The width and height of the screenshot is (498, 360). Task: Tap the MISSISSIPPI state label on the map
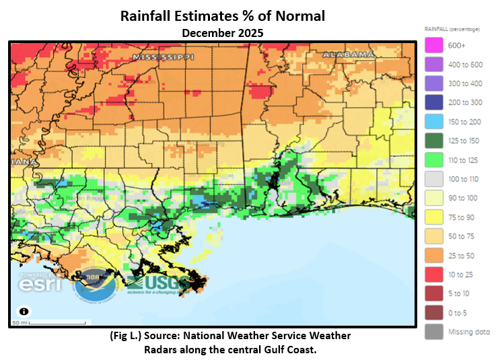point(163,58)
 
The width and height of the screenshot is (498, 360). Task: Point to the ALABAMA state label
point(348,53)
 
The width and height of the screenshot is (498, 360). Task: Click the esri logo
point(40,283)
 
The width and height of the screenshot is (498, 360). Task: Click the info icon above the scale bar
point(24,312)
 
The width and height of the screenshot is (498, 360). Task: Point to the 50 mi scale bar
point(47,323)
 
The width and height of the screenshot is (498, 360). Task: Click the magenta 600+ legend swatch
point(434,45)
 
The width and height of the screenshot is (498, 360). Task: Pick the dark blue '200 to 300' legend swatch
point(434,102)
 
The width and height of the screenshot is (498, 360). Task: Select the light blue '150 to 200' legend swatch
point(434,122)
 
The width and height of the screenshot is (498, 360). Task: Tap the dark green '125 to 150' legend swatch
point(434,141)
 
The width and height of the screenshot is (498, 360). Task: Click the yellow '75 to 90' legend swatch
point(434,217)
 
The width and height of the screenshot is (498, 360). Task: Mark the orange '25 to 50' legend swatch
point(434,256)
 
